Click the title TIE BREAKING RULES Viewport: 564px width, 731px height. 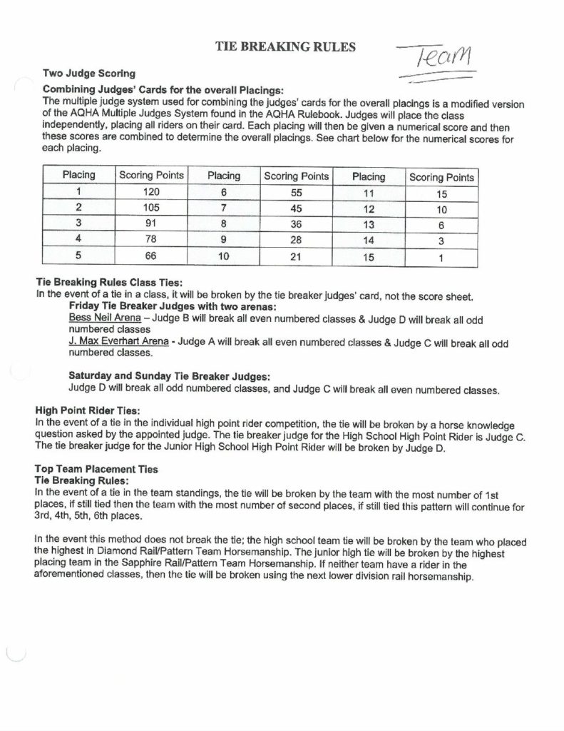(x=285, y=47)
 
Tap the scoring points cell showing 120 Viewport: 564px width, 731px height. (x=151, y=191)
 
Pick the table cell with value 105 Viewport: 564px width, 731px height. (x=151, y=208)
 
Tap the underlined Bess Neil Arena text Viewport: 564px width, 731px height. (x=104, y=318)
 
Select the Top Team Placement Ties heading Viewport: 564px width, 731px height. (x=96, y=469)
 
